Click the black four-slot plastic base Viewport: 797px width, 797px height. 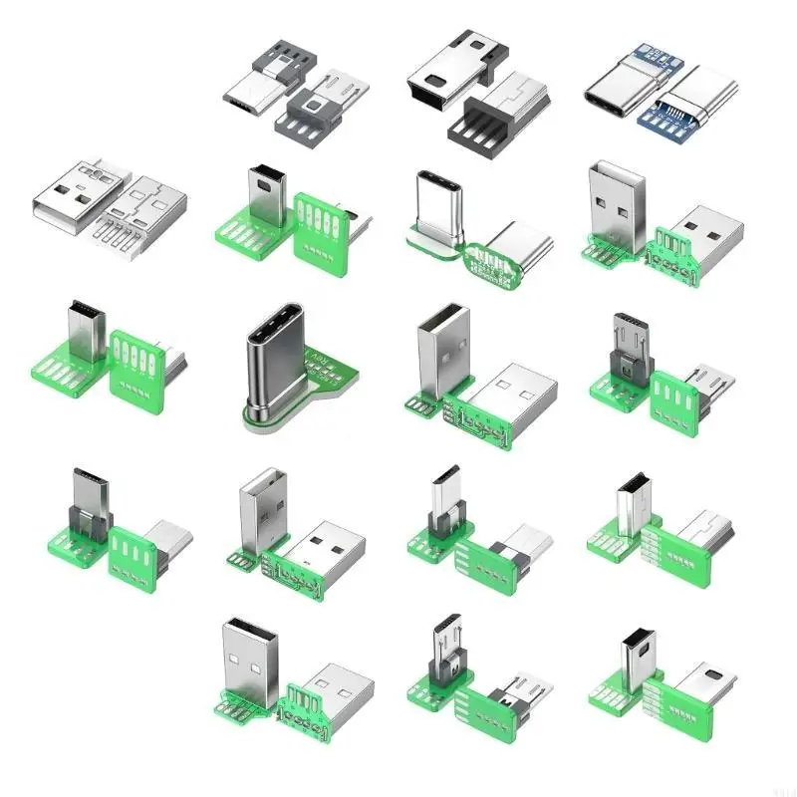[x=482, y=126]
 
